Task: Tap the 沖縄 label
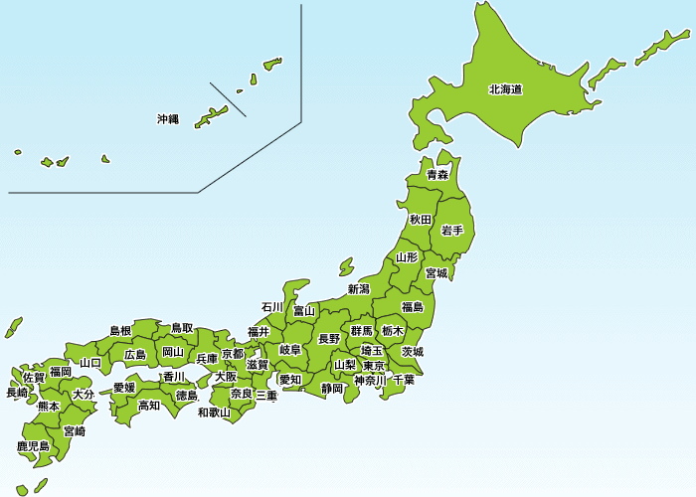(x=168, y=119)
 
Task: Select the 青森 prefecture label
(x=436, y=175)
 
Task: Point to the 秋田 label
(x=421, y=219)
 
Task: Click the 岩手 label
(x=451, y=231)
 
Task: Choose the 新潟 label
(x=359, y=289)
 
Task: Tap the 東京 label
(x=375, y=366)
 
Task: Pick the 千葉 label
(x=404, y=380)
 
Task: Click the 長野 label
(x=329, y=338)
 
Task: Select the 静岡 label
(x=332, y=388)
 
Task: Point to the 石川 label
(x=272, y=306)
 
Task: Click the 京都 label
(x=233, y=354)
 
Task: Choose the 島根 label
(x=120, y=330)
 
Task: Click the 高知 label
(x=149, y=405)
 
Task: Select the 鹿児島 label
(x=33, y=446)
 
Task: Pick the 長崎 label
(x=17, y=393)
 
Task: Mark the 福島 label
(x=412, y=306)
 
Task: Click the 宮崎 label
(x=74, y=431)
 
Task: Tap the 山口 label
(x=89, y=363)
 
